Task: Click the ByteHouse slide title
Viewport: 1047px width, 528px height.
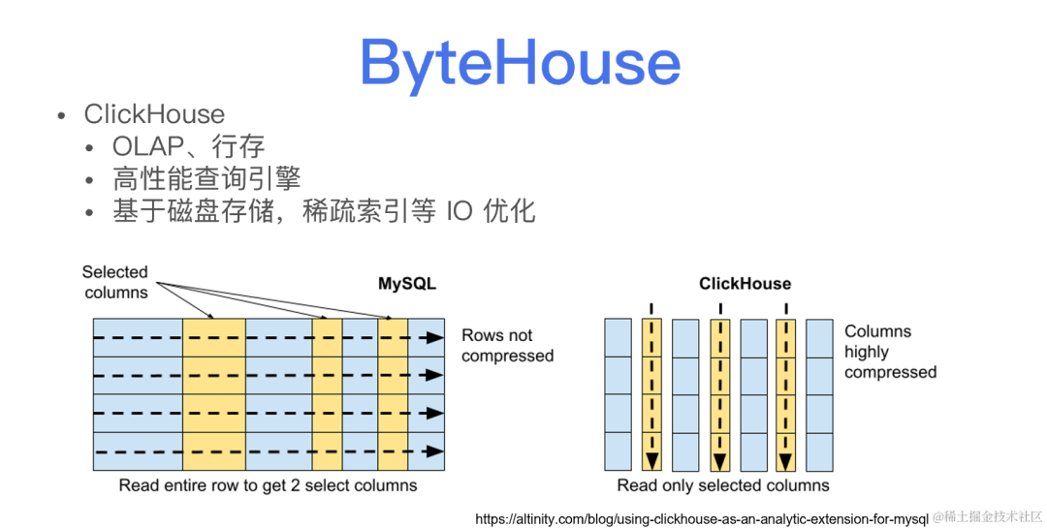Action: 521,62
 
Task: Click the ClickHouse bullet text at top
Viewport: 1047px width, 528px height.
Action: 154,114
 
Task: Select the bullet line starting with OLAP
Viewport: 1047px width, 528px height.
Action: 188,147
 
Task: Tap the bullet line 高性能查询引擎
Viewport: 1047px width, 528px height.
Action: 206,178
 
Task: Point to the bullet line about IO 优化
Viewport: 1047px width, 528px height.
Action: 324,210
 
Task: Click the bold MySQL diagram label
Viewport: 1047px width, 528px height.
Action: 407,284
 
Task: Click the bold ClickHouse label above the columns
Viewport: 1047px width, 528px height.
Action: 745,284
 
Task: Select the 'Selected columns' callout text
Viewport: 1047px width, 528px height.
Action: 115,282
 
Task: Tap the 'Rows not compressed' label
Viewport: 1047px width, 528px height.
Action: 507,345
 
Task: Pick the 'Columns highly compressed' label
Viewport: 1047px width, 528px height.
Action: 890,352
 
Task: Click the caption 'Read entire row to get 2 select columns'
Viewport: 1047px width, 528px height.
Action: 268,484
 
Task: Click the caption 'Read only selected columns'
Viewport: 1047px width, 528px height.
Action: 723,484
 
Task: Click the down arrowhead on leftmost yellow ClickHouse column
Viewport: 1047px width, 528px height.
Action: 651,459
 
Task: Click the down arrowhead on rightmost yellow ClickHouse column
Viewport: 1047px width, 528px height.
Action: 785,459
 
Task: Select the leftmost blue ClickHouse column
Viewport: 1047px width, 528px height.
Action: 618,393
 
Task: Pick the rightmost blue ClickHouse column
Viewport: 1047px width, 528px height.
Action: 819,393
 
